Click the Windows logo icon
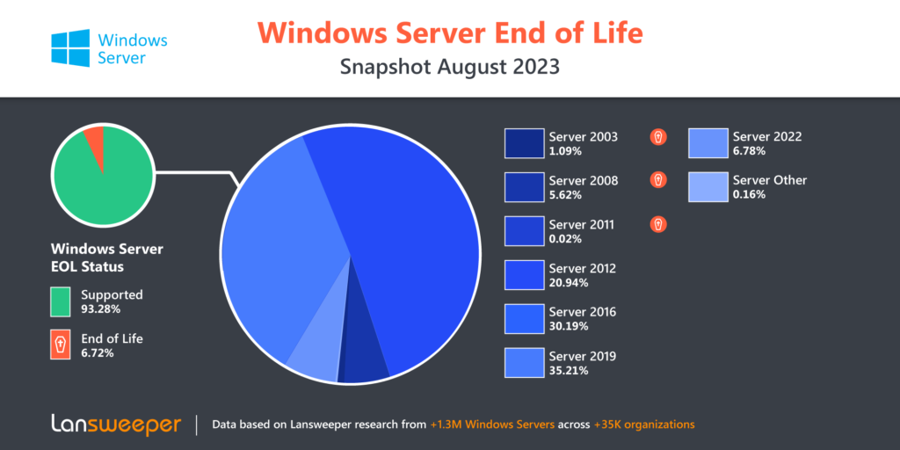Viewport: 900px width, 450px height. pyautogui.click(x=70, y=48)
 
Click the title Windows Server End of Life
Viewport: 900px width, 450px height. pyautogui.click(x=450, y=33)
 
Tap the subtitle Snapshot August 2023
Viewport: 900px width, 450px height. pyautogui.click(x=450, y=67)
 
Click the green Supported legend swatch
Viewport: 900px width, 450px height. pyautogui.click(x=61, y=301)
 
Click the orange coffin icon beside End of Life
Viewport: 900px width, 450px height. pyautogui.click(x=61, y=345)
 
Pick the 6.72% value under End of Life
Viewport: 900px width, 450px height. pyautogui.click(x=98, y=353)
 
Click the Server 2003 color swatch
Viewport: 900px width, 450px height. pyautogui.click(x=524, y=143)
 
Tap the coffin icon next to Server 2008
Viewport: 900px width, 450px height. pyautogui.click(x=658, y=180)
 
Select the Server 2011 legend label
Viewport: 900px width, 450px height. pyautogui.click(x=582, y=224)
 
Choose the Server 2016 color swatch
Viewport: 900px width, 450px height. pyautogui.click(x=524, y=318)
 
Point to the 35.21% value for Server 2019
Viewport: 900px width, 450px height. pyautogui.click(x=569, y=370)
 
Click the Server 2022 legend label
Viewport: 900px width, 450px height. pyautogui.click(x=766, y=136)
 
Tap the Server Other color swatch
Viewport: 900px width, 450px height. pyautogui.click(x=708, y=187)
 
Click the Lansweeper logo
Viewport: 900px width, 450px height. pyautogui.click(x=117, y=425)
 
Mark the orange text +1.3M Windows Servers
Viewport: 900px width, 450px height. pyautogui.click(x=492, y=425)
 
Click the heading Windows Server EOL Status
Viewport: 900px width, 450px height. pyautogui.click(x=106, y=258)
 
